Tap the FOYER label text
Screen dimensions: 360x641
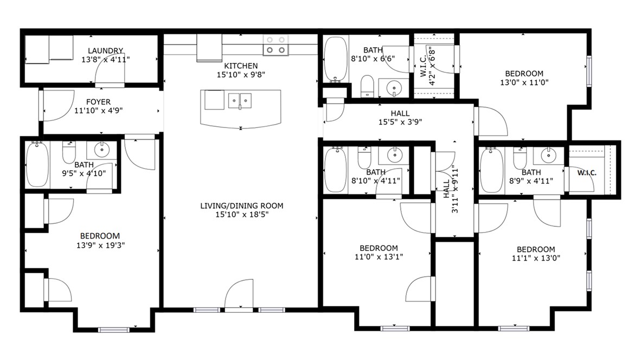98,102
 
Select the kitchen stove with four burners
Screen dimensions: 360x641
275,46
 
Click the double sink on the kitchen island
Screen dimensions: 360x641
240,100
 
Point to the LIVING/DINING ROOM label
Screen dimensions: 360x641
242,206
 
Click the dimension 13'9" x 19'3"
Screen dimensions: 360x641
100,245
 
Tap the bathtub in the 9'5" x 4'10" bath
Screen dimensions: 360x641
37,164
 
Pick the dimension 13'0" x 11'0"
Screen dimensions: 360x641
524,83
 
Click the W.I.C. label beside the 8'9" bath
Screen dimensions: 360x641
587,173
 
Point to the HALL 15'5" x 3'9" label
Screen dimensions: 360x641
400,122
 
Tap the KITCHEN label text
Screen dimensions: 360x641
241,66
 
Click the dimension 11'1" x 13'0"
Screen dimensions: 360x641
535,258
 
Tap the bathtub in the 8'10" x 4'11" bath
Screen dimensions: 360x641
335,169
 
